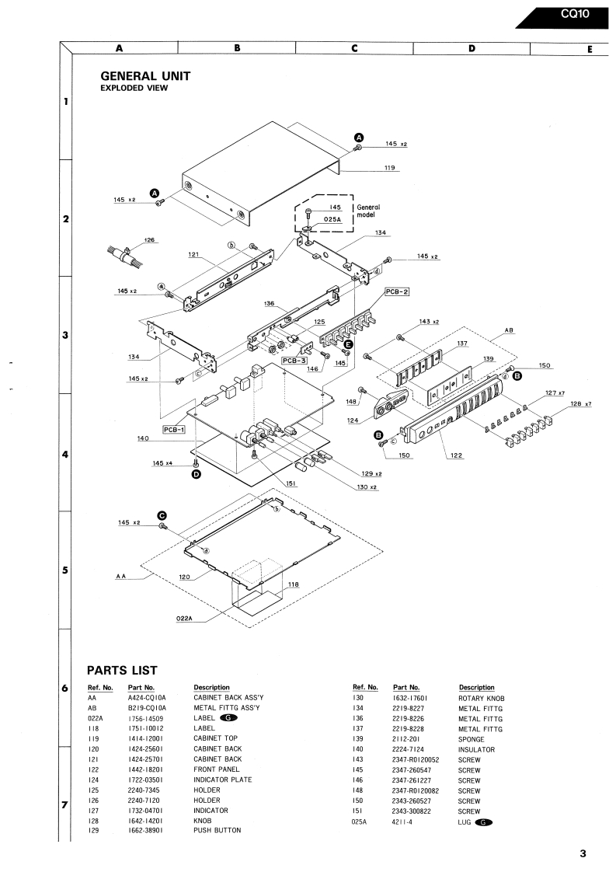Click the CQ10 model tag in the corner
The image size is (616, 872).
pos(574,13)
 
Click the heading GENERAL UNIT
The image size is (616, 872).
pos(145,76)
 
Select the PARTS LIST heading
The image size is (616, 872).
pos(122,670)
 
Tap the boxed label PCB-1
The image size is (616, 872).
pos(174,429)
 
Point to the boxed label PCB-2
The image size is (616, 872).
pos(397,291)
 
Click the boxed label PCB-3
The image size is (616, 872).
pos(294,361)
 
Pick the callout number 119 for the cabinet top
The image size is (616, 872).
pos(389,167)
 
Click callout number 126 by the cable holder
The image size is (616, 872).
pos(150,240)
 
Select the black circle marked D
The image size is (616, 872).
pos(197,474)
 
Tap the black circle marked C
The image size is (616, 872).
pos(162,515)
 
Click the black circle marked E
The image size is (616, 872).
pos(348,344)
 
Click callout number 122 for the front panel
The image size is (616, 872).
pos(457,455)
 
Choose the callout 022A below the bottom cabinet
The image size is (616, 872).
pos(184,619)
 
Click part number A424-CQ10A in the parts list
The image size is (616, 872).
pos(147,697)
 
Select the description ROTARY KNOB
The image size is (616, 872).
pos(482,698)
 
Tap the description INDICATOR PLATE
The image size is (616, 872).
pos(222,780)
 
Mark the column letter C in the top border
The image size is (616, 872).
pos(354,48)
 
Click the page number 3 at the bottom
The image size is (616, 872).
pos(583,853)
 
